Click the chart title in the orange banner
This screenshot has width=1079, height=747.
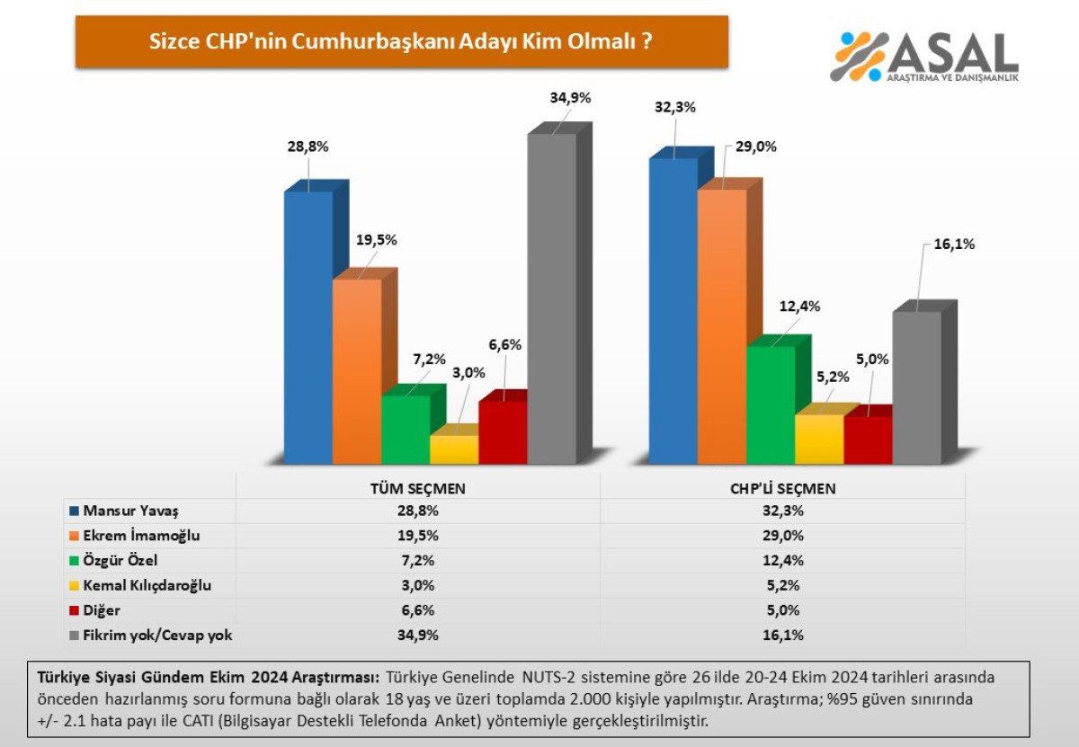(x=401, y=41)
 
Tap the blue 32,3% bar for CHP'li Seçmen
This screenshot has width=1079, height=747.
(x=673, y=310)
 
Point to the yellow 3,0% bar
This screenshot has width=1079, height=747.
(x=454, y=449)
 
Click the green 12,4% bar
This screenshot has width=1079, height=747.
(x=771, y=405)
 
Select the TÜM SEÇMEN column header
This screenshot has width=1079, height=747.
(x=417, y=488)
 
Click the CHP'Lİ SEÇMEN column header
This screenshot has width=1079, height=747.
(x=782, y=488)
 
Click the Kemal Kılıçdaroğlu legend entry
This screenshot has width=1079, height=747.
(x=147, y=585)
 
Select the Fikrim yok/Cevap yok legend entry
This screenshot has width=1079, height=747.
(x=156, y=636)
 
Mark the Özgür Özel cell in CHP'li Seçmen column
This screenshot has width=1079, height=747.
(x=782, y=561)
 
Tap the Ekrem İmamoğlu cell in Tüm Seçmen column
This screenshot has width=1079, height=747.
(x=417, y=536)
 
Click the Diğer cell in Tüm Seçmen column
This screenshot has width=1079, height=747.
(x=417, y=610)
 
